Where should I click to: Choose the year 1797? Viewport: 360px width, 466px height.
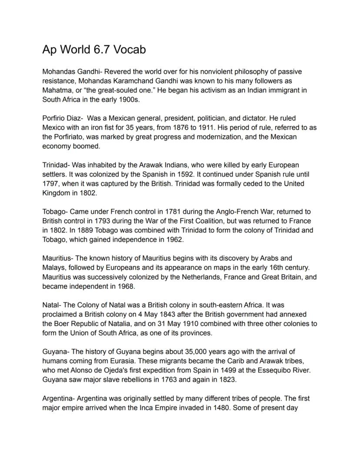(x=51, y=184)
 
